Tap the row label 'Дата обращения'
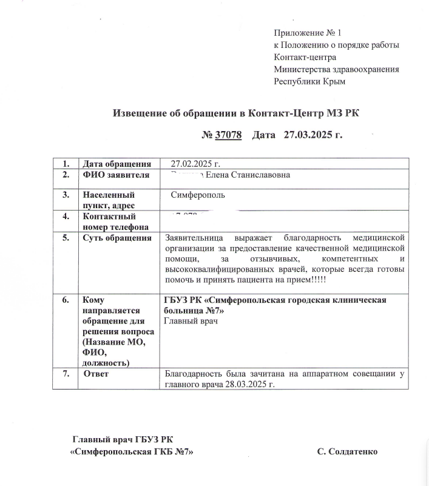tap(117, 164)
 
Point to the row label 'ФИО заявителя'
tap(116, 176)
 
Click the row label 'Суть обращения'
tap(117, 238)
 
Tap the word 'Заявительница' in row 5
tap(194, 238)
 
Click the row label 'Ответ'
tap(96, 374)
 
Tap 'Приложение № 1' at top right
tap(308, 33)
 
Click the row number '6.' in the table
tap(66, 300)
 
